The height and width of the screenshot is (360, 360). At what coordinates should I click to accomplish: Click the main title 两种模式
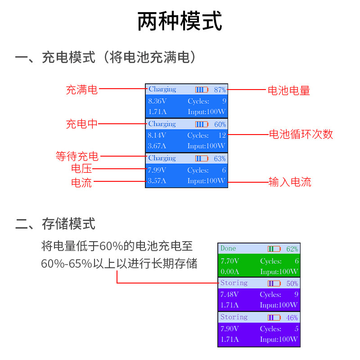click(180, 22)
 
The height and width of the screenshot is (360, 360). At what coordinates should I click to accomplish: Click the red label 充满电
click(81, 90)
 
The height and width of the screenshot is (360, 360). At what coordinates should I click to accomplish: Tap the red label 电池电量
click(289, 90)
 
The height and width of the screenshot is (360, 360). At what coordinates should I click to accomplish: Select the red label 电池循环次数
click(301, 134)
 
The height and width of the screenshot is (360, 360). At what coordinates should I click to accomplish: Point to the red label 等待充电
click(77, 157)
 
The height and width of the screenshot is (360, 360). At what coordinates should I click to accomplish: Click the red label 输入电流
click(290, 182)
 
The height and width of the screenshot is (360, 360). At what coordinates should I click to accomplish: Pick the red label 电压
click(81, 169)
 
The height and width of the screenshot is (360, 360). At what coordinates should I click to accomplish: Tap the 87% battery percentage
click(220, 90)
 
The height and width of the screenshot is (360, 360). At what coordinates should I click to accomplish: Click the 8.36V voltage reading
click(157, 101)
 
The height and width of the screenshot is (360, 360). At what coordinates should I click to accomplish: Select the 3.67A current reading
click(157, 146)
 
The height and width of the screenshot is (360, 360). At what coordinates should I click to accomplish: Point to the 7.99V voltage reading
click(157, 170)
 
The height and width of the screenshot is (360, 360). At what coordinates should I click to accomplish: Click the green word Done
click(228, 248)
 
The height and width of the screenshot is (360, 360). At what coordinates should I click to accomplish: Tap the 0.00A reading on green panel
click(230, 271)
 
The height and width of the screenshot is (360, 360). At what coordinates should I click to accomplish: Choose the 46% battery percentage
click(292, 318)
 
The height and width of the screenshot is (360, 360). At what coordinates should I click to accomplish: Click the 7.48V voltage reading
click(229, 295)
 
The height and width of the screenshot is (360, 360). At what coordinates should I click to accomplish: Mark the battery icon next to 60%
click(202, 124)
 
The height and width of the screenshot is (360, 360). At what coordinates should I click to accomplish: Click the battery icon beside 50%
click(274, 283)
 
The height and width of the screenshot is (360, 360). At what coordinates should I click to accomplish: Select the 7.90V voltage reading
click(229, 329)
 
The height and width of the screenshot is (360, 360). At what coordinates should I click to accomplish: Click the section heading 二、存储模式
click(55, 224)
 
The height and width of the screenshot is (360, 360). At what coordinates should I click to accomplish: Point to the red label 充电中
click(81, 124)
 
